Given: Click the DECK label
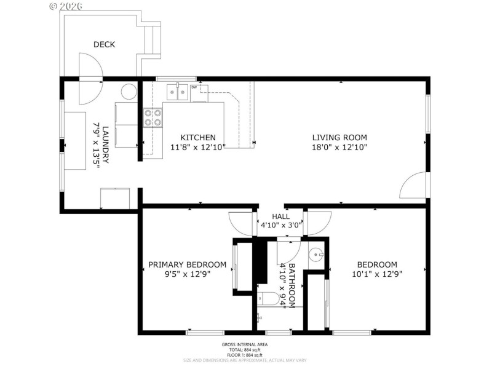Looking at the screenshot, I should tap(104, 44).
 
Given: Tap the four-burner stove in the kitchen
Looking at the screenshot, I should tap(153, 117).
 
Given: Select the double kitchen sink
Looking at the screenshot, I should tap(177, 92).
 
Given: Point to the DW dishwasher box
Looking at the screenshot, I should tap(194, 88).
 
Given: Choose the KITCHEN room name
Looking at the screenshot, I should tap(197, 137).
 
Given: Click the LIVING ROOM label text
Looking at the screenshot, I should tap(339, 137).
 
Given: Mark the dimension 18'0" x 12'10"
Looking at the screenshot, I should tap(339, 147).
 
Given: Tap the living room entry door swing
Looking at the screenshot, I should tap(414, 186).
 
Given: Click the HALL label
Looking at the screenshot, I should tap(281, 216).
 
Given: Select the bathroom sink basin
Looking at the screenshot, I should tap(316, 255).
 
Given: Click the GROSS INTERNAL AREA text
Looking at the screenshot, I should tap(245, 345).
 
